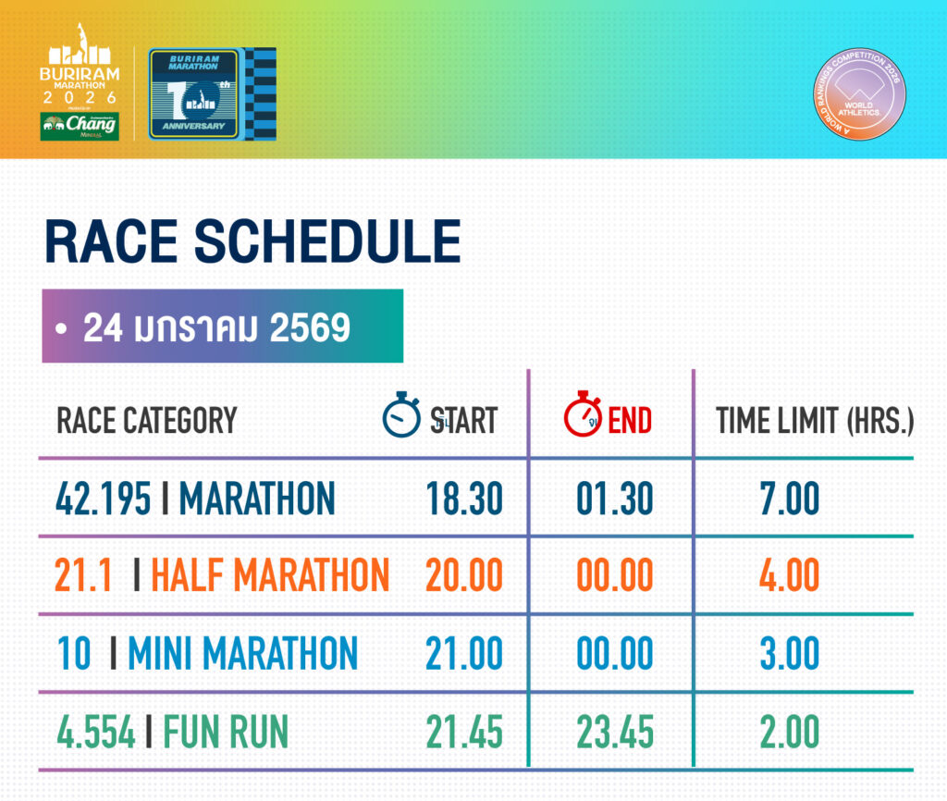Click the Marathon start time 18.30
[x=464, y=500]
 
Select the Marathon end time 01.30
[x=614, y=500]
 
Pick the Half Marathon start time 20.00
[x=464, y=576]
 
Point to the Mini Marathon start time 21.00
[x=464, y=654]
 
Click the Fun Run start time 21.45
[x=464, y=733]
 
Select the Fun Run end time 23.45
[x=614, y=733]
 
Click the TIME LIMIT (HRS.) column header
[x=814, y=421]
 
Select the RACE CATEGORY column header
[x=147, y=421]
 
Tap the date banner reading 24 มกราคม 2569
[x=222, y=327]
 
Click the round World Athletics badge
[x=858, y=93]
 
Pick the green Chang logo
[x=80, y=125]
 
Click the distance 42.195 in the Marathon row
[x=103, y=500]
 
